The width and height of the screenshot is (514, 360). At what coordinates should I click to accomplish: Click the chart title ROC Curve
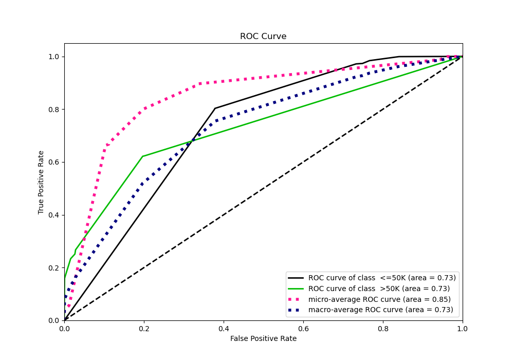click(x=263, y=37)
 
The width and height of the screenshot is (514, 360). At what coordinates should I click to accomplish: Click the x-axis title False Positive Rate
click(x=263, y=338)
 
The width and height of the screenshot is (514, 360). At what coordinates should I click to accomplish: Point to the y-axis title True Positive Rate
click(x=41, y=183)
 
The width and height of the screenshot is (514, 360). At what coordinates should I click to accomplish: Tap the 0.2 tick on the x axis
click(x=144, y=327)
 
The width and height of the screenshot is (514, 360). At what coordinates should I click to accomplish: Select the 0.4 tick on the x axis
click(x=224, y=327)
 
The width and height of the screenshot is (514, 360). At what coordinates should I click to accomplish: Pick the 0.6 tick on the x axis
click(x=303, y=327)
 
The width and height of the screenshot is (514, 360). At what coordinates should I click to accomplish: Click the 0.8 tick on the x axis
click(x=383, y=327)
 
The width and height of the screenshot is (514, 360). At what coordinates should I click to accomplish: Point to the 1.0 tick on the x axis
click(x=462, y=327)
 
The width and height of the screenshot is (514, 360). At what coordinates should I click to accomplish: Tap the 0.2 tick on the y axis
click(x=53, y=268)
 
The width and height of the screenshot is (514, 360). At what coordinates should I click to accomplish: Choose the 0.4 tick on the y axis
click(x=53, y=215)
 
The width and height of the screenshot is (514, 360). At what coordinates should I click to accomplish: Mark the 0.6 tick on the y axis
click(x=53, y=163)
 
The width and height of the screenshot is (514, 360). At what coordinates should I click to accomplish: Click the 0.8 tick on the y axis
click(x=53, y=110)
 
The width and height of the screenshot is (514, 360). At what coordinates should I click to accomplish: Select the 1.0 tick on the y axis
click(x=53, y=57)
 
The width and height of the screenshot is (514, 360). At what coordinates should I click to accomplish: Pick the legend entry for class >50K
click(x=379, y=289)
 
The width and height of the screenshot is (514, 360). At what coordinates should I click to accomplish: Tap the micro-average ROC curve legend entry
click(x=379, y=299)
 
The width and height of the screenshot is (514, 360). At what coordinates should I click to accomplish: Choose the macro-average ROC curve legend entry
click(x=380, y=310)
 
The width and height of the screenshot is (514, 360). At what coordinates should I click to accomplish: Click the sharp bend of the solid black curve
click(x=215, y=108)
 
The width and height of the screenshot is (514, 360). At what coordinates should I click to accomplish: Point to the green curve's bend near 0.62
click(x=142, y=156)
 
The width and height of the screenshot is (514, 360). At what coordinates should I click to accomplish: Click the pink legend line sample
click(x=297, y=299)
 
